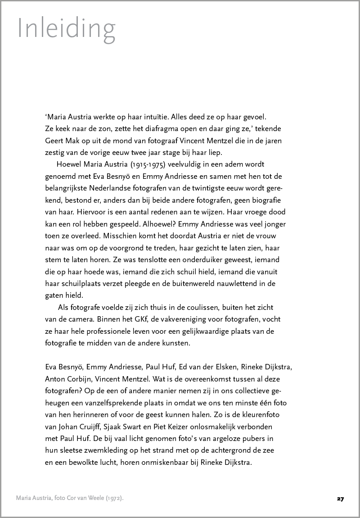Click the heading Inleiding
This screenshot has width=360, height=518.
[x=66, y=28]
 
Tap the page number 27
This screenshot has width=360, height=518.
[x=340, y=499]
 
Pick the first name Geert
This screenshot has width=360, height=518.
[x=55, y=141]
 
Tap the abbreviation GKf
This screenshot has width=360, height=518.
[x=133, y=319]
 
